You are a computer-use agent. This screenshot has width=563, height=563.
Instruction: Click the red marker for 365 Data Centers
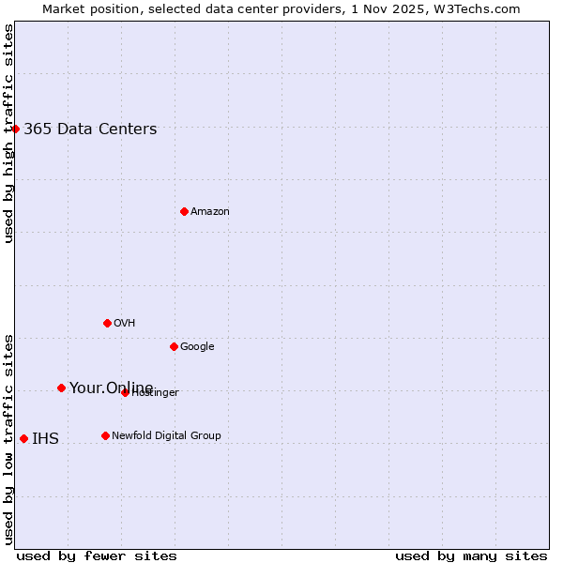click(x=15, y=129)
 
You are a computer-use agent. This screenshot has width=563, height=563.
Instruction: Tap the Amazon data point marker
click(x=184, y=211)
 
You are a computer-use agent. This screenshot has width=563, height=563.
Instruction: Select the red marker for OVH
click(x=107, y=323)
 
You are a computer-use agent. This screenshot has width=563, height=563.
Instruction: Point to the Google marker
click(x=174, y=346)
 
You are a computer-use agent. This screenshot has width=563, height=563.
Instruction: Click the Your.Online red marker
click(x=61, y=388)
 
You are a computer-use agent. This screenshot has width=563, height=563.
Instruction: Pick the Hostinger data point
click(x=125, y=392)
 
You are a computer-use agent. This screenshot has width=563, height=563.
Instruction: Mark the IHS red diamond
click(x=23, y=438)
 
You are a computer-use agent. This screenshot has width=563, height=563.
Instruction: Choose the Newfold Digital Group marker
click(x=105, y=435)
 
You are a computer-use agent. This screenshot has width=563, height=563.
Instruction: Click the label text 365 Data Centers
click(x=90, y=129)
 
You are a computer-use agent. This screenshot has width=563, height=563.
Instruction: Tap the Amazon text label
click(x=210, y=212)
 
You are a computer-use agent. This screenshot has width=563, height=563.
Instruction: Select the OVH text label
click(x=125, y=324)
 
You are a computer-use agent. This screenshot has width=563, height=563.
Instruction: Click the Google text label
click(x=197, y=347)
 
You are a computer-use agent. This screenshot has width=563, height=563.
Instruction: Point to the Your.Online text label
click(x=111, y=388)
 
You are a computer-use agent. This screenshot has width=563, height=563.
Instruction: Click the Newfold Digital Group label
click(x=166, y=436)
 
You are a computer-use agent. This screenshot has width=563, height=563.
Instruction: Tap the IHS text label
click(x=45, y=439)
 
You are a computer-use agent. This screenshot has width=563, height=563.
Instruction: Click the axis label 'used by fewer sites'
click(x=97, y=555)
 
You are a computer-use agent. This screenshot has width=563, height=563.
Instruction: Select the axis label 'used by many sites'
click(x=471, y=555)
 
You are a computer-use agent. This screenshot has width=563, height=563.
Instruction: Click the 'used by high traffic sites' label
click(x=8, y=133)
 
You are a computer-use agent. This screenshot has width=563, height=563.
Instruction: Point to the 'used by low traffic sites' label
click(x=8, y=438)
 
